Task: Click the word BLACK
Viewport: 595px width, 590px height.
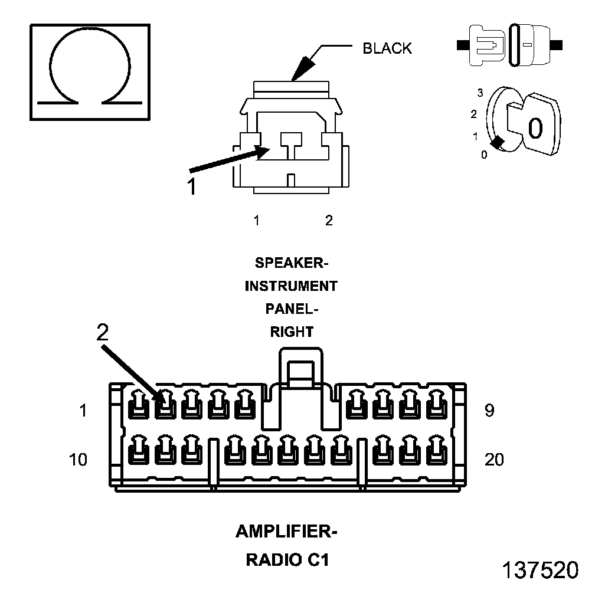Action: click(387, 48)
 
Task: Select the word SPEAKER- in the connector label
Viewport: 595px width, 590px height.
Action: click(292, 262)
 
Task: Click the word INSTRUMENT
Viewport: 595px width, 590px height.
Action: click(291, 287)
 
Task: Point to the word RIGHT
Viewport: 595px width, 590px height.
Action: click(292, 332)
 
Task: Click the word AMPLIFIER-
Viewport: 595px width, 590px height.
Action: click(286, 532)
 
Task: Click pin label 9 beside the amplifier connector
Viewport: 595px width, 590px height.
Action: click(489, 411)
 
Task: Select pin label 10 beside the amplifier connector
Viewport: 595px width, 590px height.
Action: click(77, 459)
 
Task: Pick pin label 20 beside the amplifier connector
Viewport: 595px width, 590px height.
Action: click(494, 459)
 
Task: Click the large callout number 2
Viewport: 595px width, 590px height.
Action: click(103, 333)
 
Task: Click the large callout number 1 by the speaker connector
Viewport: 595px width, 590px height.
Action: click(191, 186)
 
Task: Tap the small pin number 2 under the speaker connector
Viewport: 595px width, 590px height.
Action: click(329, 221)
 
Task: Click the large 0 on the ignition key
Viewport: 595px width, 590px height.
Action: click(535, 128)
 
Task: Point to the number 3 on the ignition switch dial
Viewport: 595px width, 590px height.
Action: click(480, 93)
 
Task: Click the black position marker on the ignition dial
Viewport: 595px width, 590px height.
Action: click(498, 142)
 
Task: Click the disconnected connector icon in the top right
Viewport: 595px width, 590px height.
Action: click(511, 44)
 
